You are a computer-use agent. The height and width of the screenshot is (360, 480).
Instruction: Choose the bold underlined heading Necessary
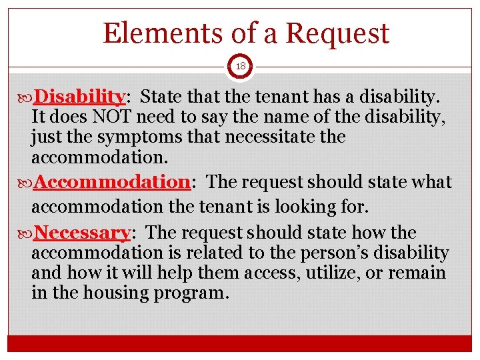[82, 233]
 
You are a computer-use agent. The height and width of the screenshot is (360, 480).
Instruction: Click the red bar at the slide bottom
[239, 343]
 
